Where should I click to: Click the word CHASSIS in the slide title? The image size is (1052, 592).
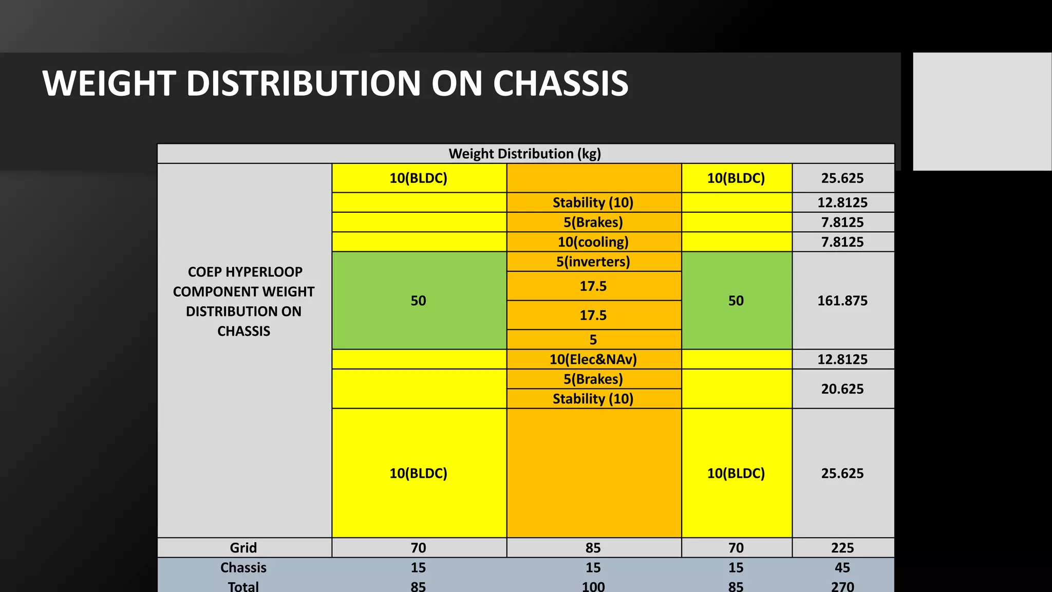560,83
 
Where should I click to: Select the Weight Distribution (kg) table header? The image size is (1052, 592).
524,154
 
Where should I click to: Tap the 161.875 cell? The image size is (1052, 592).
842,301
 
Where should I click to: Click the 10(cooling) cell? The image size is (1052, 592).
593,242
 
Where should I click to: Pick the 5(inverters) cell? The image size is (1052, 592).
593,262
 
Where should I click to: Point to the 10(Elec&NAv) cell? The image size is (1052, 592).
593,359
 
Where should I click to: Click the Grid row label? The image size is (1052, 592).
243,548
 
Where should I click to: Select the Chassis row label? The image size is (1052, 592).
243,567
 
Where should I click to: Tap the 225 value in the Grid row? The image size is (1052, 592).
842,548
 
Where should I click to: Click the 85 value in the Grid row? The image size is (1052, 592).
593,548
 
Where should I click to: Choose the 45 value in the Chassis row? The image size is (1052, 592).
842,567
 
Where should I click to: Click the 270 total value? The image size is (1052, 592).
842,586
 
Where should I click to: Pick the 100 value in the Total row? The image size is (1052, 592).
593,586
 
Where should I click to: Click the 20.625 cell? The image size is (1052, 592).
842,389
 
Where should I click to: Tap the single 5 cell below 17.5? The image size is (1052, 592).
593,340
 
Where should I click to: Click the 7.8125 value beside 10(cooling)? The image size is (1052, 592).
842,242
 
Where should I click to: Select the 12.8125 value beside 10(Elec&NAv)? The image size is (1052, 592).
842,359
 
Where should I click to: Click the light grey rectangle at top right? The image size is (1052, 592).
982,111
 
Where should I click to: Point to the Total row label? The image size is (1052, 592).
243,586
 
